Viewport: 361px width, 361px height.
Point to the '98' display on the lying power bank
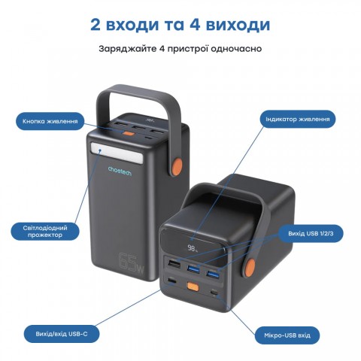(193, 247)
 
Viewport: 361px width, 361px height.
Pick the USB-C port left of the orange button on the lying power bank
(175, 284)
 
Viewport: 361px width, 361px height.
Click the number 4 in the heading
(202, 25)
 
